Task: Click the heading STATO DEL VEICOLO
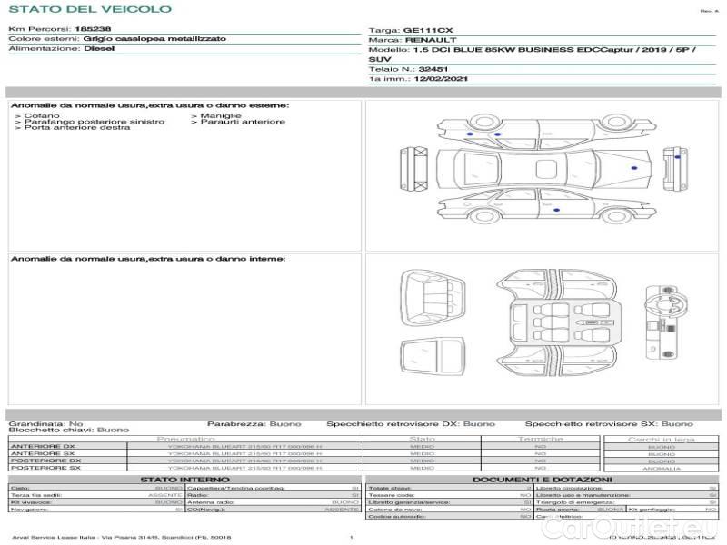click(x=89, y=9)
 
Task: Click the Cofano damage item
click(x=41, y=116)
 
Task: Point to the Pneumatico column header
click(x=185, y=439)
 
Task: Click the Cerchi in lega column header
click(x=661, y=439)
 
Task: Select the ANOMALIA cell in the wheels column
click(x=661, y=468)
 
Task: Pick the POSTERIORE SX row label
click(x=45, y=468)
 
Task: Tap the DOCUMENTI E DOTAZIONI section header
click(x=542, y=479)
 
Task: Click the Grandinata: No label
click(x=45, y=423)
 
